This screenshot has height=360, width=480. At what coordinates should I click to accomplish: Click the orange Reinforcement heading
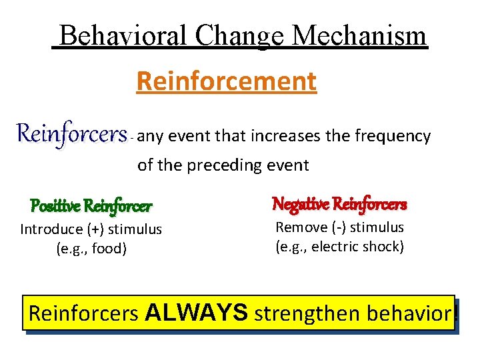(226, 82)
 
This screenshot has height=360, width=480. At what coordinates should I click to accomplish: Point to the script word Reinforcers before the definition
(71, 134)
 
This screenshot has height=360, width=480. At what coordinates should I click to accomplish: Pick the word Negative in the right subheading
(301, 204)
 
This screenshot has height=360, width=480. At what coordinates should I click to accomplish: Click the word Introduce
(50, 229)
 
